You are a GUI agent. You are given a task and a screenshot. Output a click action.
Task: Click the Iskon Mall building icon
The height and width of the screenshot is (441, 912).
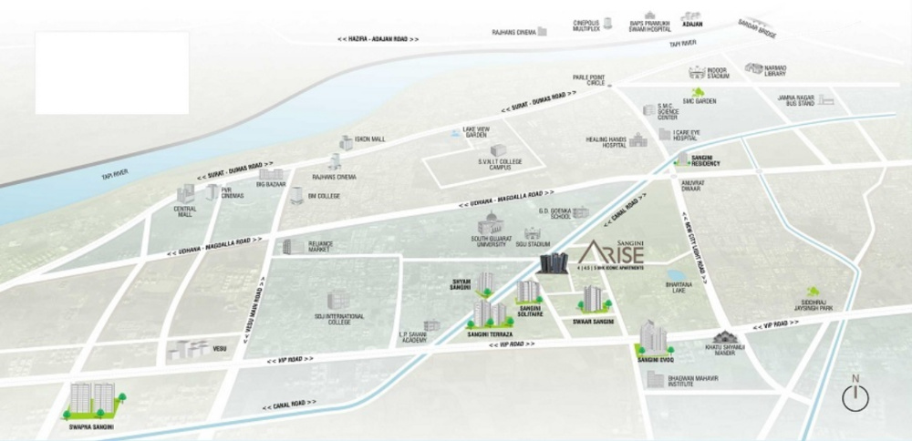point(347,142)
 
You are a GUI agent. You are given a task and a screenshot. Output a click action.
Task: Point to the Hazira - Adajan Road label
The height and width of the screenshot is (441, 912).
point(378,40)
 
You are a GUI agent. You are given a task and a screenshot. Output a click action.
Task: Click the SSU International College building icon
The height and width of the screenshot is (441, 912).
point(337,301)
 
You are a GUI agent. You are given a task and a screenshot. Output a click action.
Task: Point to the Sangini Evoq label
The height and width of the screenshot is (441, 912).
point(654,363)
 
